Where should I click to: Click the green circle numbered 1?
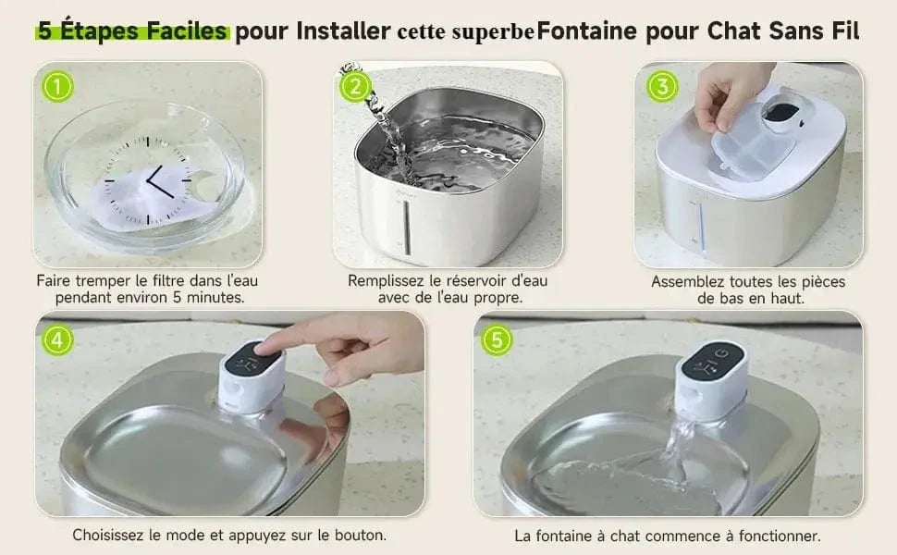[x=57, y=87]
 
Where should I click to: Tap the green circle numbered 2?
[x=355, y=87]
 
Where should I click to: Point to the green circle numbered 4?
[x=58, y=339]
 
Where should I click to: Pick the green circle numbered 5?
[x=497, y=339]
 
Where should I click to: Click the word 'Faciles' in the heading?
[x=186, y=31]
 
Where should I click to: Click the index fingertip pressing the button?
[x=268, y=348]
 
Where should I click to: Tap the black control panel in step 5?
[x=711, y=360]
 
